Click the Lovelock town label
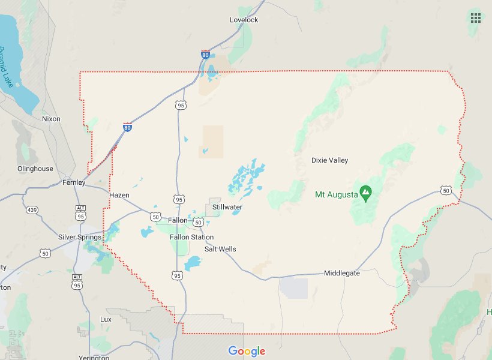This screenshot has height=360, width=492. point(244,20)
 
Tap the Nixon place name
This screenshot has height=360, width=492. point(51,119)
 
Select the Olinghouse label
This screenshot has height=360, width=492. point(35,169)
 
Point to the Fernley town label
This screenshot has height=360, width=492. point(75,182)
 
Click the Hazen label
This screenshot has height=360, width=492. point(119,195)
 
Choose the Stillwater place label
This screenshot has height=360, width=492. point(227,207)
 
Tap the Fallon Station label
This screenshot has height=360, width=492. point(191,237)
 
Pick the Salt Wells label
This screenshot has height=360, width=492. point(220,249)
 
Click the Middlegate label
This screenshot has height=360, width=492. point(342,273)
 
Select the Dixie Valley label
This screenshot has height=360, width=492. point(329,160)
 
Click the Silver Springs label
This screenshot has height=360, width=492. point(79,237)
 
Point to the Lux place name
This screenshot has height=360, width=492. point(106,319)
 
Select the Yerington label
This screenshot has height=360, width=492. point(94,357)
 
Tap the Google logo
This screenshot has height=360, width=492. point(247,351)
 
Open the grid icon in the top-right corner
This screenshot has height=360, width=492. point(476,17)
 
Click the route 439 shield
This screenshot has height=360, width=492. point(32,210)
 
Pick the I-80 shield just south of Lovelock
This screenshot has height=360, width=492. point(206,55)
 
